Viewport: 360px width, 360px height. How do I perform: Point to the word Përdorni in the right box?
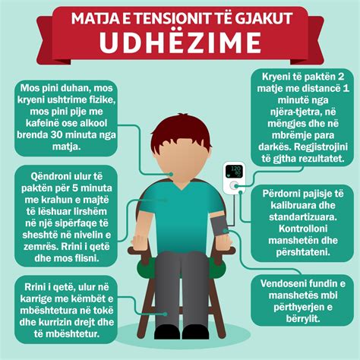click(282, 194)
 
